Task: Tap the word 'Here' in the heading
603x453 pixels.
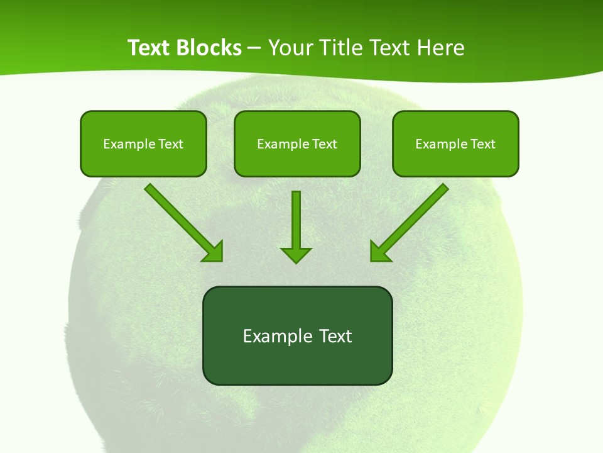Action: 442,48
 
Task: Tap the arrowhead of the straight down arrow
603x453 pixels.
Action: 296,255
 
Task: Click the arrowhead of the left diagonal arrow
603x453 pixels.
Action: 214,252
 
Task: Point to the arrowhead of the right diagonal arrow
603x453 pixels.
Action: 379,252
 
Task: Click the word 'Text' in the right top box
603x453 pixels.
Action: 482,144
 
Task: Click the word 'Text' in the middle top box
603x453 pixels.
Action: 324,144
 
